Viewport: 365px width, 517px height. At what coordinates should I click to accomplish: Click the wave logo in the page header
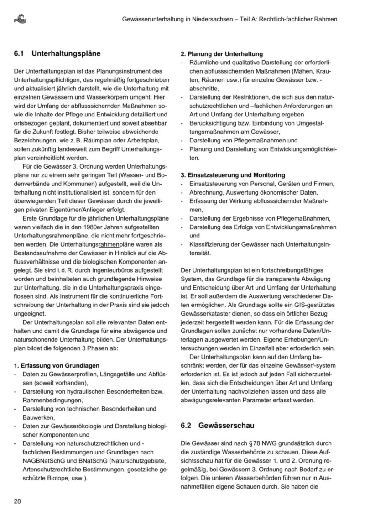click(x=20, y=19)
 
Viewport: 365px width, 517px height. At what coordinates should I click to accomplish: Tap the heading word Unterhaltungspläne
click(x=66, y=54)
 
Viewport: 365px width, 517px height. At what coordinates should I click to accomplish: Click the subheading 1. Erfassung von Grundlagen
click(x=57, y=366)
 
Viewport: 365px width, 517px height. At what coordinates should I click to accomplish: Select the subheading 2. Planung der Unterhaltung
click(x=222, y=54)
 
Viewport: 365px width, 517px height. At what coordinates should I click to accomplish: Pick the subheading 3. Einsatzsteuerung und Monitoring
click(x=233, y=175)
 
